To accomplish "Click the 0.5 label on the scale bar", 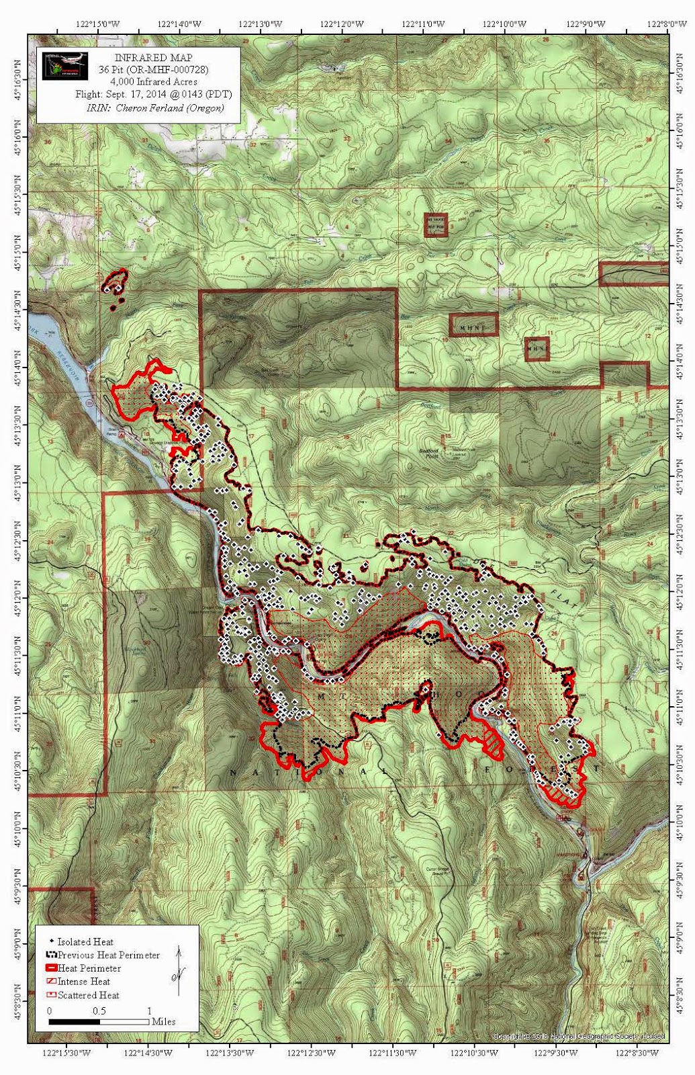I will (99, 1010).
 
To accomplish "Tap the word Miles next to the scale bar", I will (164, 1022).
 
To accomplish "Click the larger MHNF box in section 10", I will (473, 325).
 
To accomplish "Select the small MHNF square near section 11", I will (537, 349).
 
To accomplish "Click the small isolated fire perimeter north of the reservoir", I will (115, 285).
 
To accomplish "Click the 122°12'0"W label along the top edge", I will (341, 24).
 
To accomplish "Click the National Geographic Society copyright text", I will (579, 1037).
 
